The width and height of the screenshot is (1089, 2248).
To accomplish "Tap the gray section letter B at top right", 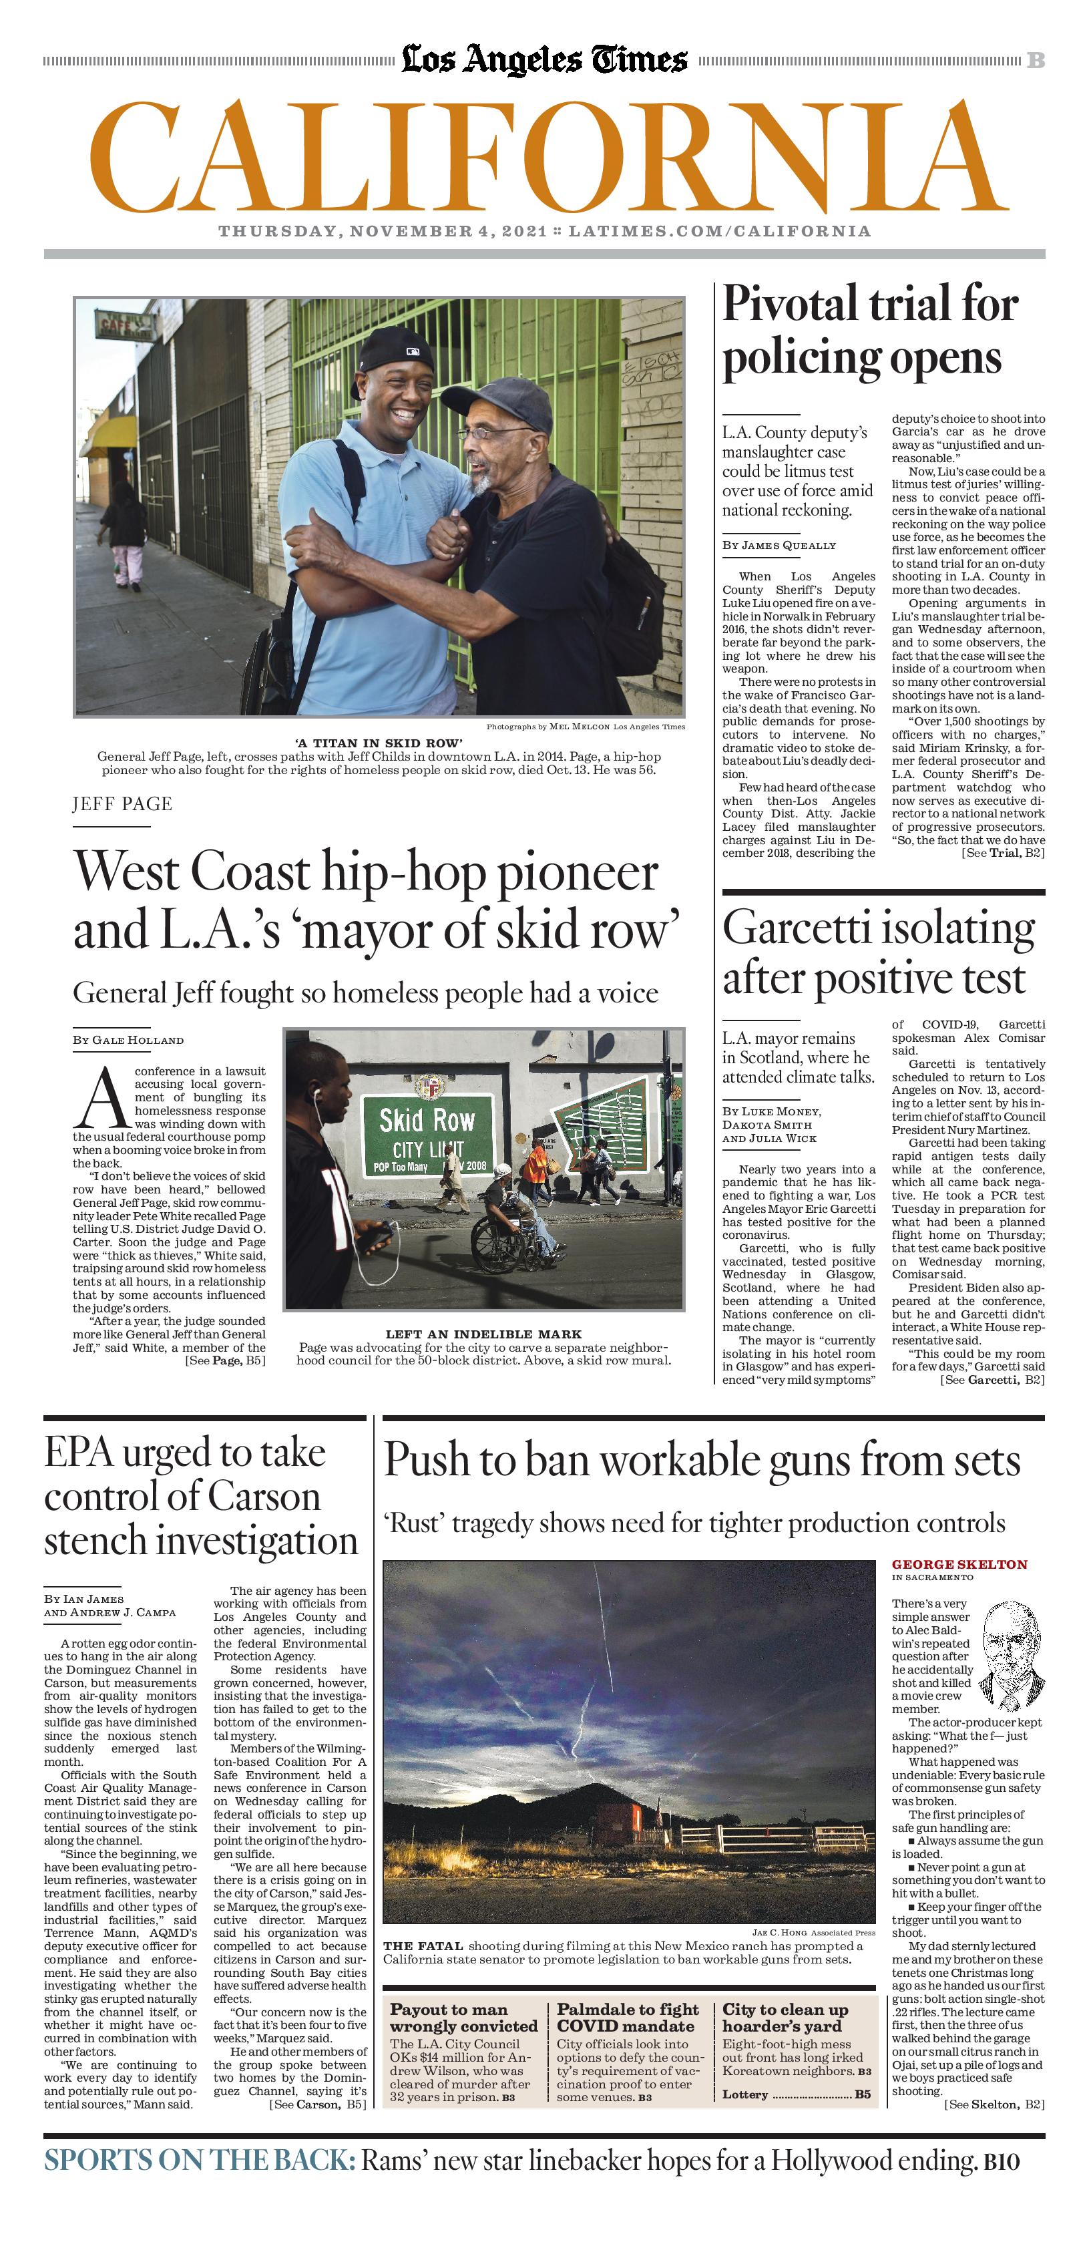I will click(x=1035, y=60).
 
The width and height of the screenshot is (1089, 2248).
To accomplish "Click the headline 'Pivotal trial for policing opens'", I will click(x=870, y=332).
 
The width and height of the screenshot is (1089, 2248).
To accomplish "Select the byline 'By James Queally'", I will click(x=779, y=546).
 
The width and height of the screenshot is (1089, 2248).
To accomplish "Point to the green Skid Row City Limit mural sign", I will click(x=427, y=1133).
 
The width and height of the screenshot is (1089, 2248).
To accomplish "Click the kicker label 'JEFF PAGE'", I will click(x=122, y=803).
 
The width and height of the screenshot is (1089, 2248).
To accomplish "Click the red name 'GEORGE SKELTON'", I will click(x=959, y=1565).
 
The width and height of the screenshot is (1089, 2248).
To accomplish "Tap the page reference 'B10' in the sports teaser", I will click(x=1001, y=2162).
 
